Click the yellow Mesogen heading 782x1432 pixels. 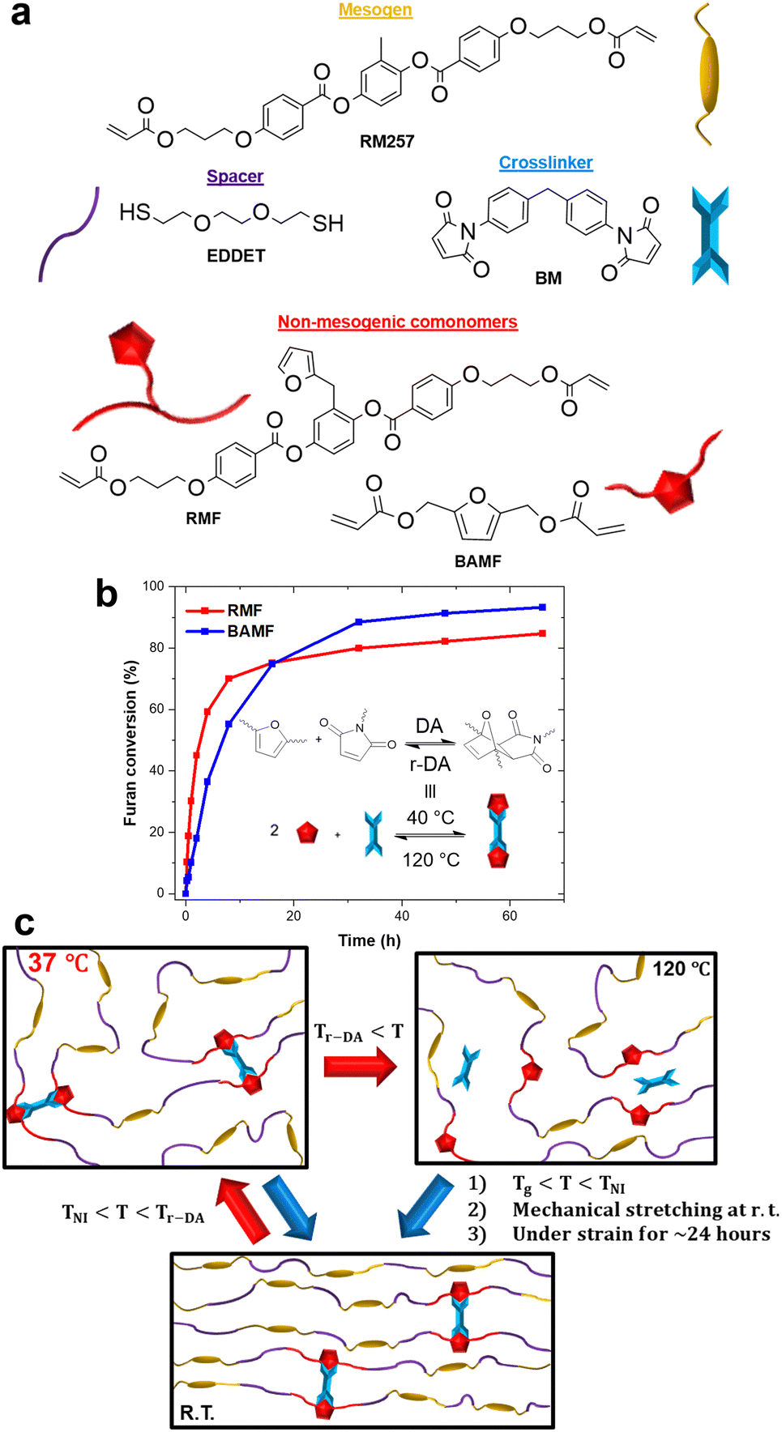375,11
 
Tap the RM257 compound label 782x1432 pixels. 387,142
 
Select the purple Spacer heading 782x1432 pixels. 235,177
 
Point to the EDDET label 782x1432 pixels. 236,256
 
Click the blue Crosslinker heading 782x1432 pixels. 545,163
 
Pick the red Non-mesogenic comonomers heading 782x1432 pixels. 397,322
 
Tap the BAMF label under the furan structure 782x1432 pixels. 477,561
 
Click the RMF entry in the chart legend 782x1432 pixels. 244,611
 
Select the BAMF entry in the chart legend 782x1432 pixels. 250,631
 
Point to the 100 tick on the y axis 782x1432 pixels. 153,586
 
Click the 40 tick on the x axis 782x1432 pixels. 402,916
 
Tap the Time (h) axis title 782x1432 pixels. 370,940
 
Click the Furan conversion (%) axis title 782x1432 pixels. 130,743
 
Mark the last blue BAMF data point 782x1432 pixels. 542,607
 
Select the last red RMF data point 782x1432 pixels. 542,633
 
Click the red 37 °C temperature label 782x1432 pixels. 58,964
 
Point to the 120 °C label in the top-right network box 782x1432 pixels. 681,969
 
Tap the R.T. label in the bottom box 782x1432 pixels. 197,1413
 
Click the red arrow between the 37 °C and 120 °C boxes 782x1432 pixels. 360,1067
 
